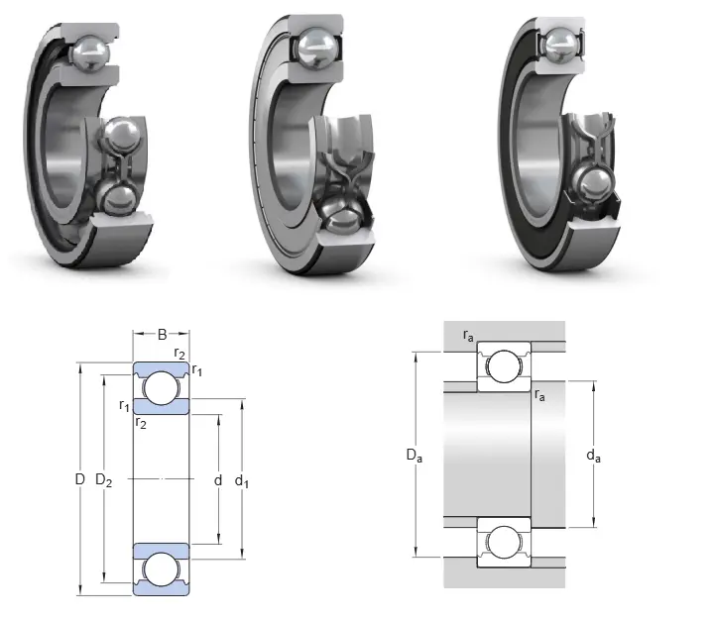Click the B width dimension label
click(x=162, y=335)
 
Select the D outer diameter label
click(x=80, y=479)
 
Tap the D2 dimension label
click(x=103, y=479)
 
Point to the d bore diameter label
click(x=218, y=479)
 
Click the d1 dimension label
click(x=242, y=481)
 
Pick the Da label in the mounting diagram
click(x=415, y=455)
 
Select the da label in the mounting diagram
click(x=593, y=456)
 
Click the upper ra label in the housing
click(x=468, y=336)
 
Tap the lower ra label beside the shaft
click(x=539, y=394)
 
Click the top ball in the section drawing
click(x=161, y=388)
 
